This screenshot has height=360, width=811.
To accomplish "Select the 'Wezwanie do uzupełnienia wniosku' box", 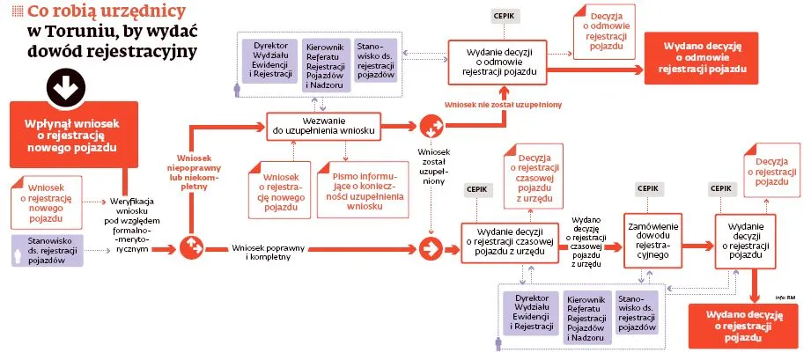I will click(x=324, y=125).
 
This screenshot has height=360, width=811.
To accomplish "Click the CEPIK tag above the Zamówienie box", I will click(x=648, y=189).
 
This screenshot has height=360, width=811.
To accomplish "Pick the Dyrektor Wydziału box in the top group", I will click(x=270, y=60).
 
